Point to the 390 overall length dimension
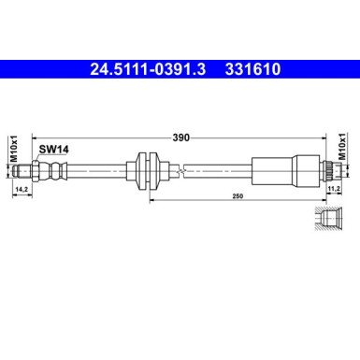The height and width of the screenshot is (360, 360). [181, 137]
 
